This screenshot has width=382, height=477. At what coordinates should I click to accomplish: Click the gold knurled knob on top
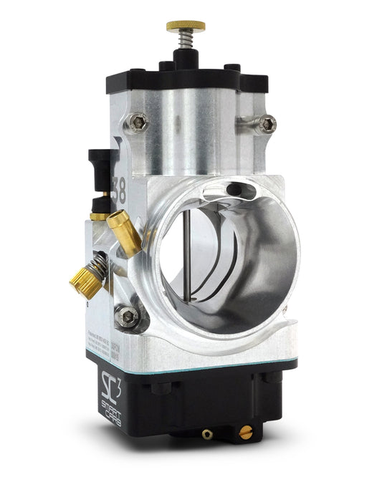pos(186,26)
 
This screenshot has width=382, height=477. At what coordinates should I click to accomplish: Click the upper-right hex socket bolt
pos(267,124)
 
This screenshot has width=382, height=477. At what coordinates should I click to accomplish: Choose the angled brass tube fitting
pos(124,231)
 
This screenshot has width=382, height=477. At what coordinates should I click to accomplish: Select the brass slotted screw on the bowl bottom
pos(247,431)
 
